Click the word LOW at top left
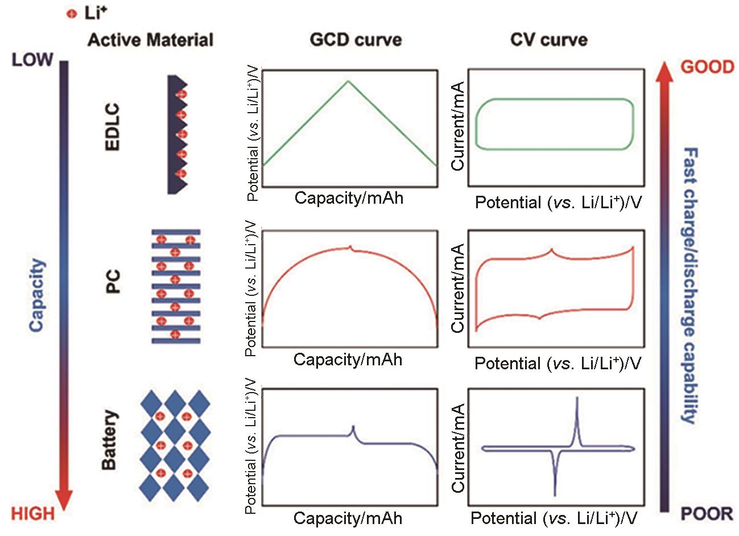[x=32, y=59]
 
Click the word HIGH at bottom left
[x=33, y=513]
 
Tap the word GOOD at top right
[x=708, y=67]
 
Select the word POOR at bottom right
[x=707, y=514]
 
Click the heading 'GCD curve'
[x=356, y=40]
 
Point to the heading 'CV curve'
[x=549, y=40]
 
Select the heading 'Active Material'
[x=151, y=40]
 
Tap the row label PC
[x=114, y=282]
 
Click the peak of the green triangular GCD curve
[x=349, y=81]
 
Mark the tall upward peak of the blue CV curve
[x=577, y=398]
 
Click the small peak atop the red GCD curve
[x=351, y=246]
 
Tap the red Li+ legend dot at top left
[x=72, y=15]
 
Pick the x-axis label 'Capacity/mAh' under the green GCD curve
[x=349, y=198]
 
